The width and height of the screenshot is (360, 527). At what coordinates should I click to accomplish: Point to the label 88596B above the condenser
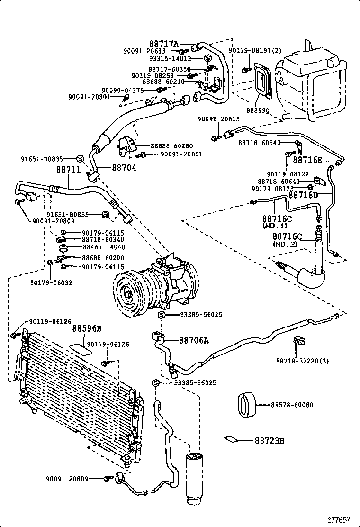(x=87, y=328)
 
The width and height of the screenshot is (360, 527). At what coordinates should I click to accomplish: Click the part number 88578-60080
(x=292, y=405)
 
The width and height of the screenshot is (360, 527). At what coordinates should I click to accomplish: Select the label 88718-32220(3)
(x=302, y=361)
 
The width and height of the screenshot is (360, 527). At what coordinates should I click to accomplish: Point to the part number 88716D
(x=303, y=195)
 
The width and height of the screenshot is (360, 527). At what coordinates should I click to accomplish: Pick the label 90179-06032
(x=52, y=282)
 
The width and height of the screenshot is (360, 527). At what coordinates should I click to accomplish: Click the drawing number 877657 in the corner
(x=341, y=519)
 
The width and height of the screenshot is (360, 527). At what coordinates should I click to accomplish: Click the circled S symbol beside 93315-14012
(x=207, y=58)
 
